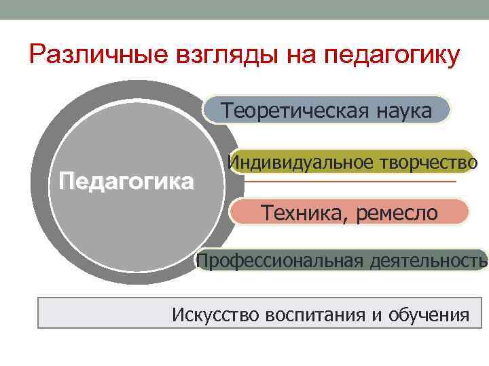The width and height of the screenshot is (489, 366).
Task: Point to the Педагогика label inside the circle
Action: [x=126, y=182]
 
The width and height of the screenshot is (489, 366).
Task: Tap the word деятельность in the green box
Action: [x=429, y=261]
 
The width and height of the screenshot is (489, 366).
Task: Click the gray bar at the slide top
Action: [x=244, y=9]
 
